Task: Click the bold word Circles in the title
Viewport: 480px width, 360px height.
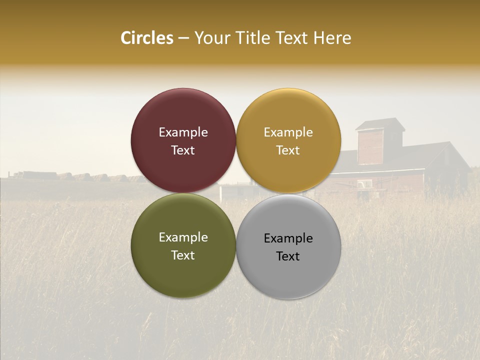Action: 146,38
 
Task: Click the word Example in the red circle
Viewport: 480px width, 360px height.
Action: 183,132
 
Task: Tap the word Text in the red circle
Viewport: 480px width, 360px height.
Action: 183,150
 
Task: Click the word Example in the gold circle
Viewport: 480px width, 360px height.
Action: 288,132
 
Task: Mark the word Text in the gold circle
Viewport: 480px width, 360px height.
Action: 288,150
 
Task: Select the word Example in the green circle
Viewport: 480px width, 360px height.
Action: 183,237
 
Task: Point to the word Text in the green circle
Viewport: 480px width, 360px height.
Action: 183,255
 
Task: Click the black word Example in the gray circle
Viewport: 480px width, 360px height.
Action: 288,238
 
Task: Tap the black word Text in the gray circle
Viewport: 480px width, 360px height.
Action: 288,256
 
